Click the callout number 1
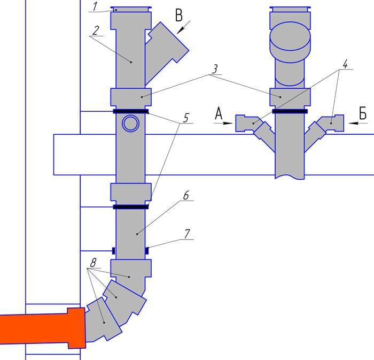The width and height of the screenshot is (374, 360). click(x=95, y=6)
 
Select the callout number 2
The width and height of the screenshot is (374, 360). click(x=96, y=30)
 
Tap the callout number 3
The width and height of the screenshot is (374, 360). click(x=215, y=69)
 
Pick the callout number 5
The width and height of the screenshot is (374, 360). click(x=186, y=118)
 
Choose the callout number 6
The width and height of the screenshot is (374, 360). click(x=186, y=195)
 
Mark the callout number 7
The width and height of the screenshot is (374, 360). click(x=187, y=234)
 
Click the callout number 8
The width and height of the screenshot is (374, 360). click(x=93, y=263)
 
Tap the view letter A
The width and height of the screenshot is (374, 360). click(x=219, y=113)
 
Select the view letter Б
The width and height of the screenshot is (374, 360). click(x=363, y=113)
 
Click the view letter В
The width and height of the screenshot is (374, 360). click(x=179, y=16)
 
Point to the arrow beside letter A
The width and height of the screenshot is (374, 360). click(x=223, y=123)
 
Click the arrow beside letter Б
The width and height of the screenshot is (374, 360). click(x=358, y=123)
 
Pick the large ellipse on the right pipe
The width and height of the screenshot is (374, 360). click(x=290, y=36)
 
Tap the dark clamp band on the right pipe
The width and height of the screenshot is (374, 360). click(x=290, y=111)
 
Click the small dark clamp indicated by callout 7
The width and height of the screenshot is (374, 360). click(x=147, y=251)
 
